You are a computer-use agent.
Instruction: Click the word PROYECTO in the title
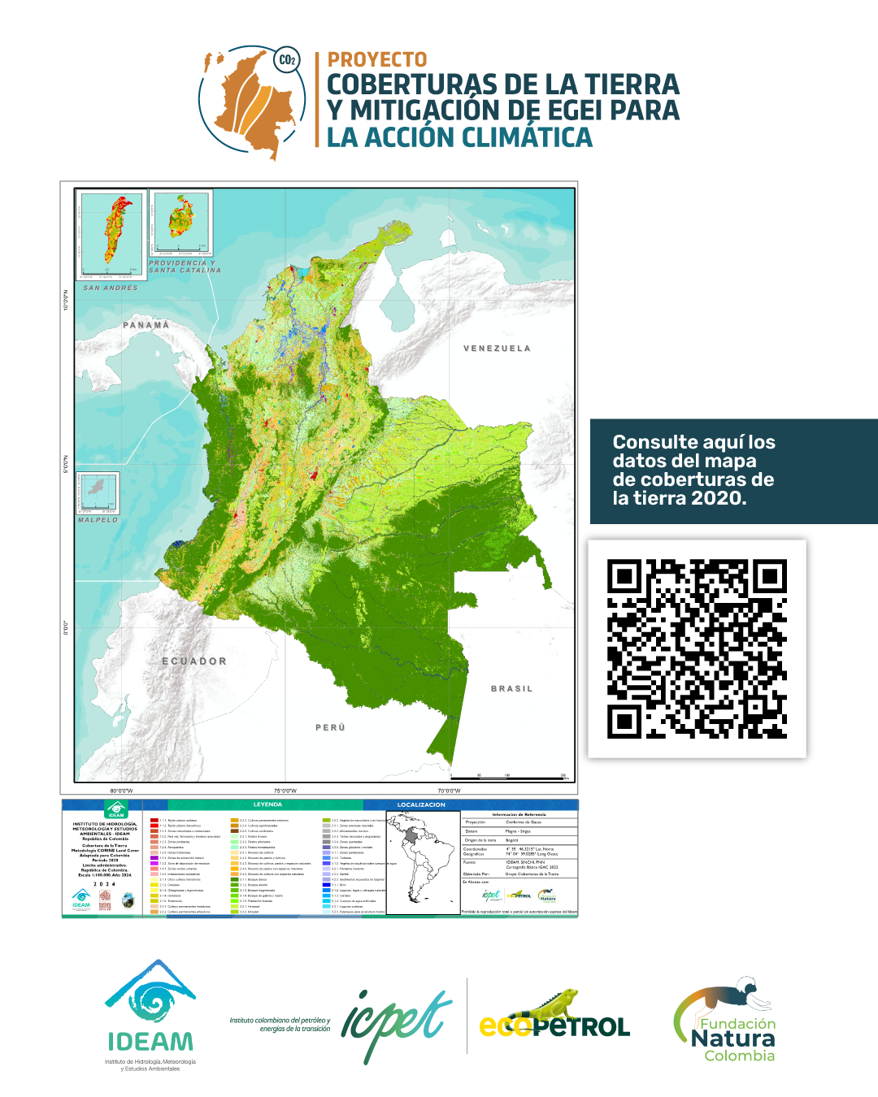tap(376, 60)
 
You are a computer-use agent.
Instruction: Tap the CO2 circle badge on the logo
tap(287, 60)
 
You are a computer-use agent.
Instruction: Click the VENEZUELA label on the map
tap(497, 349)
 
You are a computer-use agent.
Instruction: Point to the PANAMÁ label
tap(146, 325)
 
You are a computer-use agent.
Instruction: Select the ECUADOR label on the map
tap(194, 661)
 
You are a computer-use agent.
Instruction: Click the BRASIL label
tap(511, 689)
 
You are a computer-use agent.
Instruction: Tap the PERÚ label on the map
tap(330, 727)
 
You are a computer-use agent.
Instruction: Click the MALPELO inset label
tap(98, 520)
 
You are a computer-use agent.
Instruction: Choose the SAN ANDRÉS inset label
tap(111, 288)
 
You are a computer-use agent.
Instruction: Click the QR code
tap(697, 648)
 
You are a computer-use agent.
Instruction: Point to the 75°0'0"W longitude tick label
tap(285, 791)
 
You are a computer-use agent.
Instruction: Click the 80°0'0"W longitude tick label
tap(121, 791)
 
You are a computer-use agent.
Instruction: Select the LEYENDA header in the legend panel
tap(267, 804)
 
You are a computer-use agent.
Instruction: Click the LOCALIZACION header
tap(421, 804)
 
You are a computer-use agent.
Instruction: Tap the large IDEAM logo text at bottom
tap(150, 1042)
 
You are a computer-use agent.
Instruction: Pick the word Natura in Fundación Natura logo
tap(732, 1038)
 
